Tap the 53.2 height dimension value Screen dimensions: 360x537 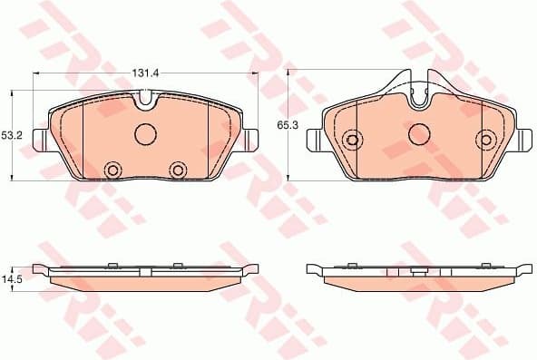tap(11, 135)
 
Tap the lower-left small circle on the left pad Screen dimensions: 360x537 tap(113, 170)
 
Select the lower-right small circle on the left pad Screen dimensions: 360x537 tap(178, 170)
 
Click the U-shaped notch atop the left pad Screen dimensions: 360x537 tap(145, 102)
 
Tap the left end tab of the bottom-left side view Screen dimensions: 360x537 tap(39, 268)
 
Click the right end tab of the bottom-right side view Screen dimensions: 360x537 tap(523, 268)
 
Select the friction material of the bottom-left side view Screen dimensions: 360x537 tap(145, 282)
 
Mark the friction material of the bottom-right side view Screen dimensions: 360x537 tap(418, 282)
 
